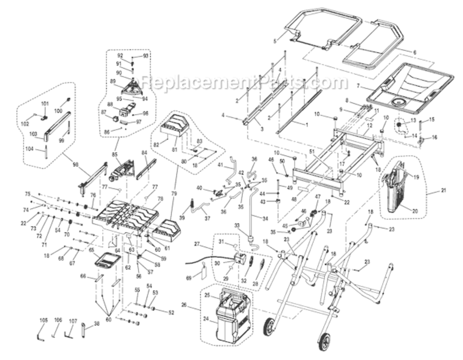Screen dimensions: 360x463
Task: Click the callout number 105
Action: coord(44,320)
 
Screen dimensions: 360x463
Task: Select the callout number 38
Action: coord(97,324)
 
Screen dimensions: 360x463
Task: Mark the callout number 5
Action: coord(275,41)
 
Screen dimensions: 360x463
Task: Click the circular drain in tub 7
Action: coord(398,101)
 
